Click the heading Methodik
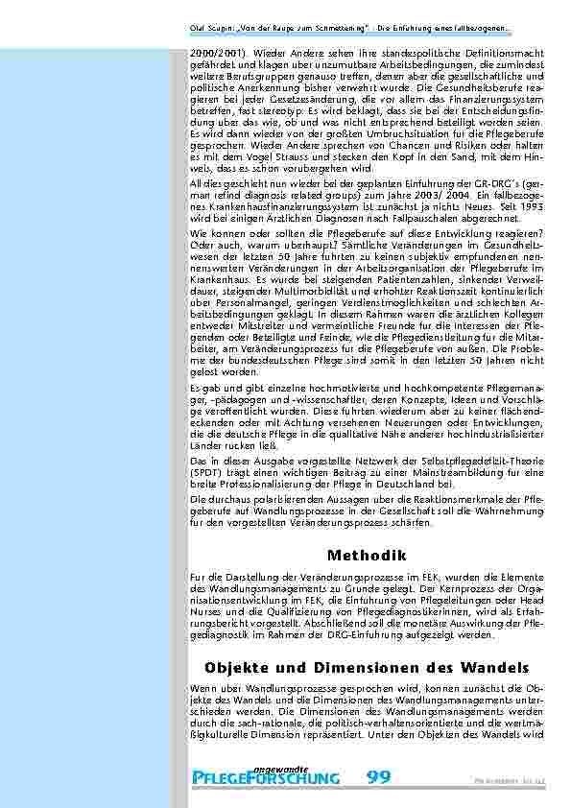click(x=368, y=555)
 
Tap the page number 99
click(x=379, y=775)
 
